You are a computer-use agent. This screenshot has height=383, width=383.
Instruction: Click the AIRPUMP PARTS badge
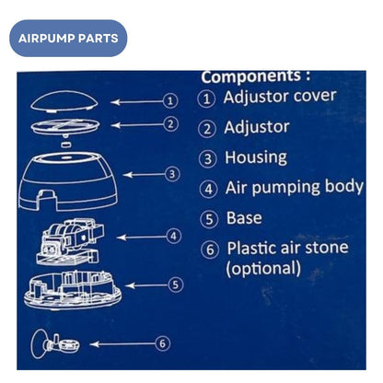point(67,39)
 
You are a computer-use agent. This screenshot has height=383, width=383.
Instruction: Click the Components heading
point(256,76)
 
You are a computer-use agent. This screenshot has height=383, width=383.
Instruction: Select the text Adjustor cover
point(280,97)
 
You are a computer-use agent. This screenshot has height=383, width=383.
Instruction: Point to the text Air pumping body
point(294,188)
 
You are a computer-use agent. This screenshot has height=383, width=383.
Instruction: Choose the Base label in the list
point(243,218)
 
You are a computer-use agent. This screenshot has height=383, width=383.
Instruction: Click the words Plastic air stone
point(287,250)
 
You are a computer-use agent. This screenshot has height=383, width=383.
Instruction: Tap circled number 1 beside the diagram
point(169,100)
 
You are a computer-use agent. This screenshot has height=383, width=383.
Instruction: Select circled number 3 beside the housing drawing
point(171,172)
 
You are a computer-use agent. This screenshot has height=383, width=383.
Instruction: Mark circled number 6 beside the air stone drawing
point(163,342)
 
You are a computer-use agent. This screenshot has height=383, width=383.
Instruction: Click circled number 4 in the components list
point(209,189)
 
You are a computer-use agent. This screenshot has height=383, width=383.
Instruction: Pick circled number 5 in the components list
point(209,219)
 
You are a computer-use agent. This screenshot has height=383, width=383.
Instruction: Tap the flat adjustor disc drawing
point(66,124)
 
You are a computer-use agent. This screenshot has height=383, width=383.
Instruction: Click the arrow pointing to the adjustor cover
point(133,100)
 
